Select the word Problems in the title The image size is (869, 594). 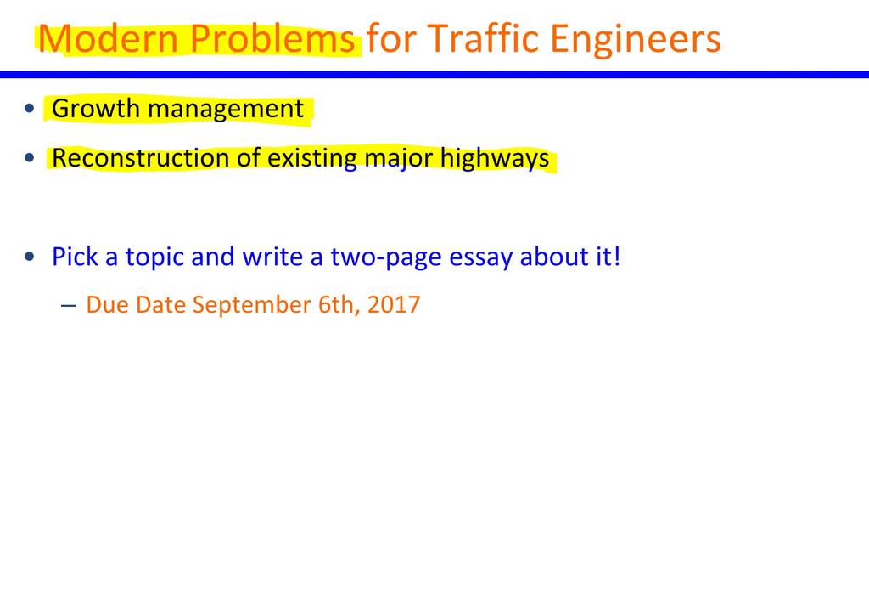(272, 38)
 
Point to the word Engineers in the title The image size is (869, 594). (635, 40)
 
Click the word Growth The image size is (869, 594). (95, 108)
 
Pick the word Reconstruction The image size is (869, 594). (140, 158)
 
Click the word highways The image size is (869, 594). (495, 159)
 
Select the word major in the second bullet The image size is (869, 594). (399, 159)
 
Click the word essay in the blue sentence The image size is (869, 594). (480, 257)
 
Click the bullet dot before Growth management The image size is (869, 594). (30, 108)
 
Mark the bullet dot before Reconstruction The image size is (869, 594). (30, 158)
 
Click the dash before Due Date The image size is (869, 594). (69, 306)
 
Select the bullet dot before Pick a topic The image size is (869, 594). (30, 257)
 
